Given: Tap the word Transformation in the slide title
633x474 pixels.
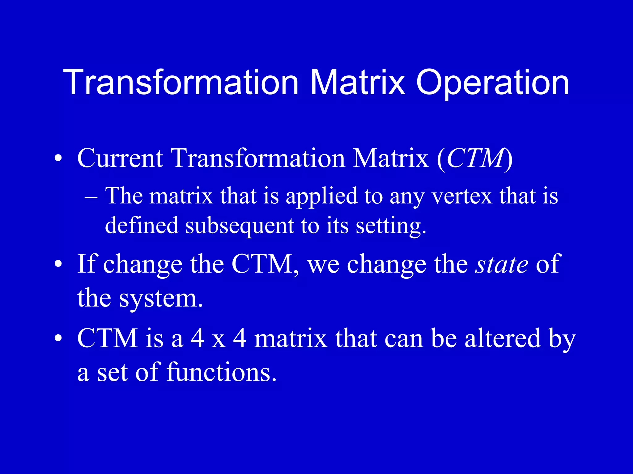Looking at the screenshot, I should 181,82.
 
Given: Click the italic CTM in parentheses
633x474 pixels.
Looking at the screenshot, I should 475,158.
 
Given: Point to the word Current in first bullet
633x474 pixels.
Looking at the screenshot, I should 120,158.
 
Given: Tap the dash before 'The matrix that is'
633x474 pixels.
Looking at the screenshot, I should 91,197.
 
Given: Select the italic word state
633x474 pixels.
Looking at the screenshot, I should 502,265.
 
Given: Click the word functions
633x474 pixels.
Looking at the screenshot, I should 221,372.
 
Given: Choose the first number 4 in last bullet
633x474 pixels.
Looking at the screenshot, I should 197,338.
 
